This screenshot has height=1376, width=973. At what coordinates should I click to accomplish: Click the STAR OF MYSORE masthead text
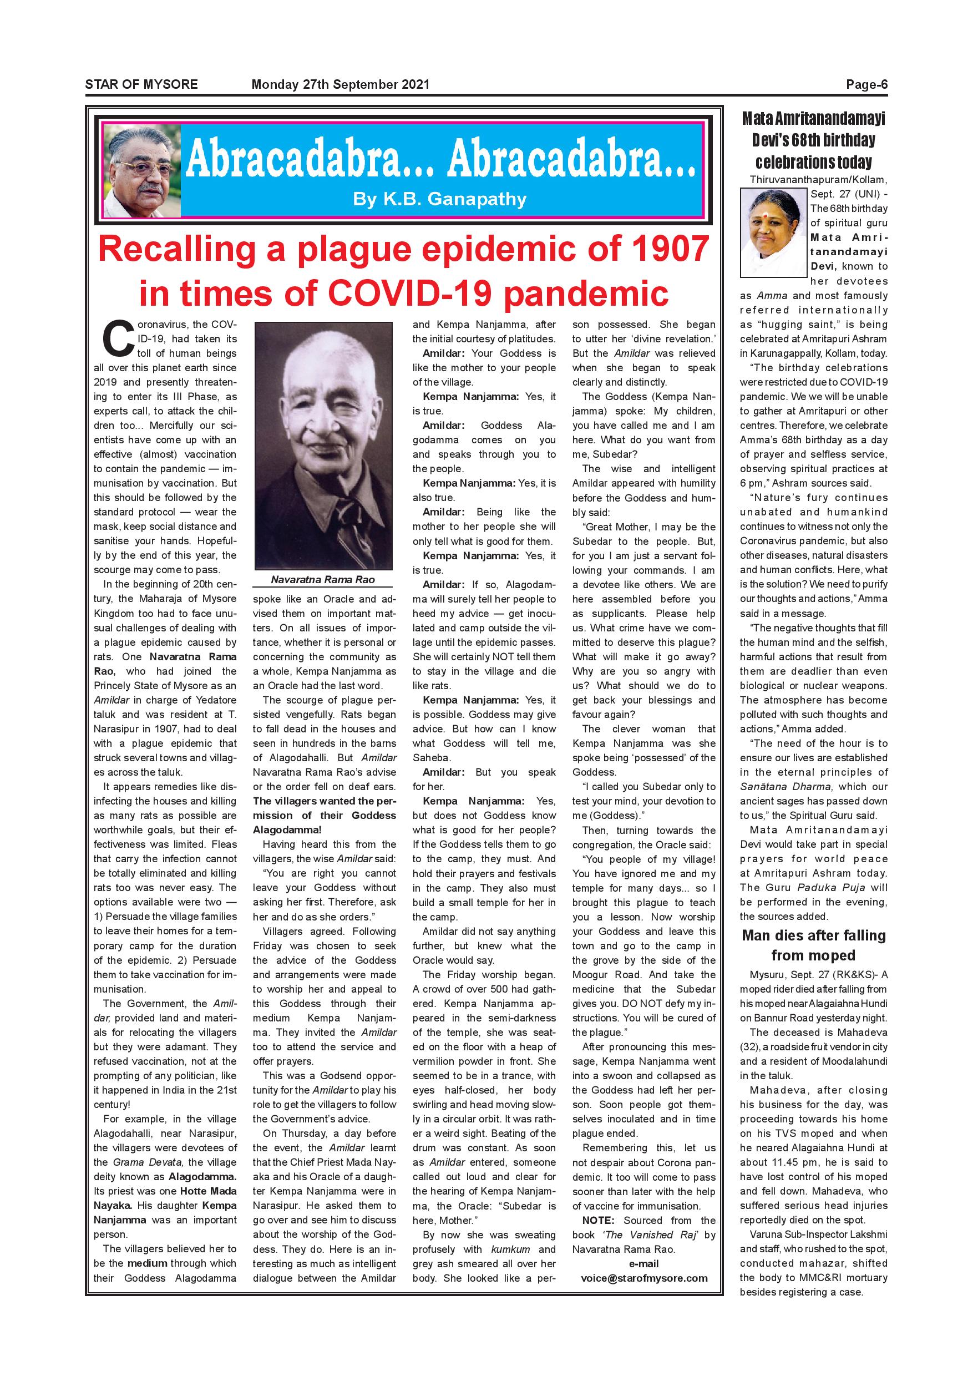tap(141, 84)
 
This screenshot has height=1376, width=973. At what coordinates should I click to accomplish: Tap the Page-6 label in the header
tap(866, 84)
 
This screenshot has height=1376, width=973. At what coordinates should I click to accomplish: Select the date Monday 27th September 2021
tap(340, 84)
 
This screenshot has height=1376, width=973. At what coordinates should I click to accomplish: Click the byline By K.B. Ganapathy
tap(440, 199)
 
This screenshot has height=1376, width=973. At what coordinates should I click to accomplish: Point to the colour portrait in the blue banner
tap(142, 173)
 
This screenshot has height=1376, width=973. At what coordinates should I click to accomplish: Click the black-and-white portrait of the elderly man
tap(323, 446)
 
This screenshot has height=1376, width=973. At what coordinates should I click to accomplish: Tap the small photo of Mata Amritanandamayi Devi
tap(773, 232)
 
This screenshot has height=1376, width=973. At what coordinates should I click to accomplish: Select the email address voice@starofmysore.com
tap(644, 1278)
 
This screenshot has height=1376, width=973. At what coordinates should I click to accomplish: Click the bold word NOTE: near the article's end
tap(598, 1220)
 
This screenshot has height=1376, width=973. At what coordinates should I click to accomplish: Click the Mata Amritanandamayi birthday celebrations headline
tap(813, 140)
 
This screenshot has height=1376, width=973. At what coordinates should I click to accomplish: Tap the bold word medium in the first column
tap(147, 1263)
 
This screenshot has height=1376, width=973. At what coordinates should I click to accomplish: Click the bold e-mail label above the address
tap(644, 1263)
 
